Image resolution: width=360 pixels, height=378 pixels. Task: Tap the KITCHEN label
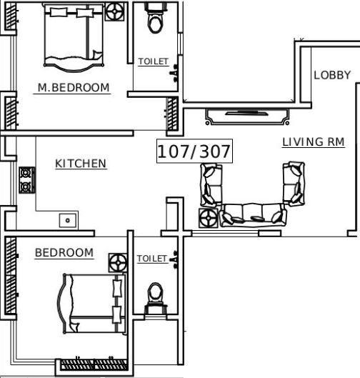(x=81, y=164)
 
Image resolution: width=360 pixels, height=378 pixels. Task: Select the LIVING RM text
(x=313, y=142)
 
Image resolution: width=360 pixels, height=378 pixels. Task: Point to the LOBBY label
(x=332, y=75)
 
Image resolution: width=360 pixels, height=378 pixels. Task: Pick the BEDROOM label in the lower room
(x=64, y=253)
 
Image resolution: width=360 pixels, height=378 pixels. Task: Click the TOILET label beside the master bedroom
(x=153, y=62)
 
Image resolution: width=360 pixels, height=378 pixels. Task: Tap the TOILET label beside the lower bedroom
(x=151, y=259)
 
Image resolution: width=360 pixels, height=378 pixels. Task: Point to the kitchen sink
(x=69, y=220)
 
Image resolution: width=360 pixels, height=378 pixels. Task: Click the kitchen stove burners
(x=26, y=180)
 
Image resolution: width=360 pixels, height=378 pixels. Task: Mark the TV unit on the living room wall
(x=247, y=112)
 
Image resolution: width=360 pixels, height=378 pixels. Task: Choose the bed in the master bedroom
(x=69, y=37)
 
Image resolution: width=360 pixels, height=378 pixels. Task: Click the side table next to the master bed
(x=114, y=12)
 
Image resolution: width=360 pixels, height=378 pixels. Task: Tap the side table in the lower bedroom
(x=118, y=262)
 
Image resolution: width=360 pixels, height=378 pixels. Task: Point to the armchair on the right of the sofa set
(x=294, y=182)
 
